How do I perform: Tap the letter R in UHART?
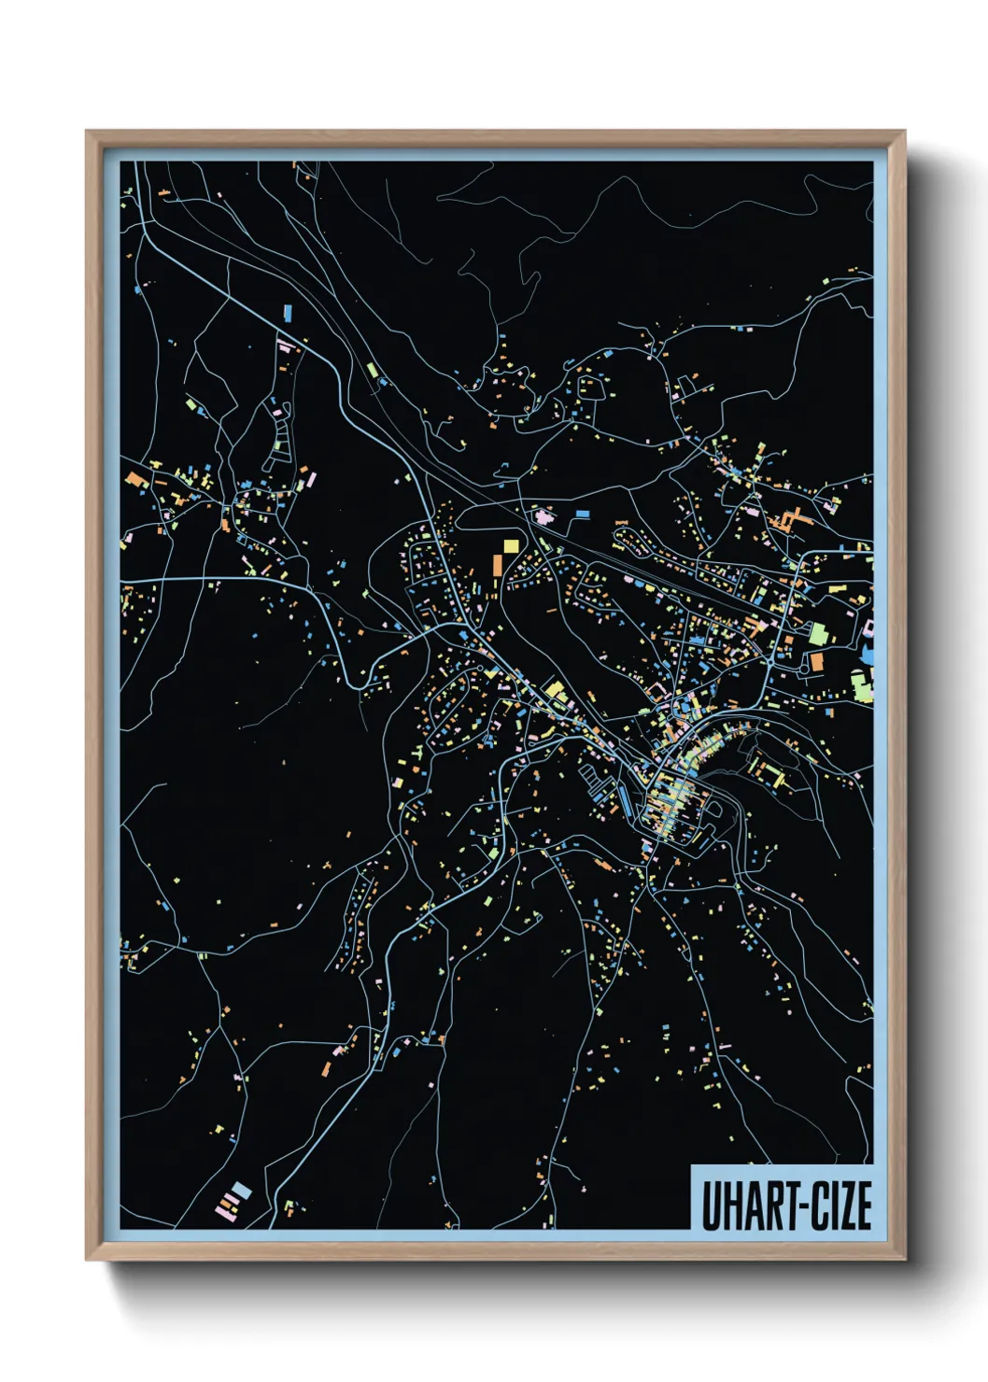[769, 1206]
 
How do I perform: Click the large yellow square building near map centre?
[511, 545]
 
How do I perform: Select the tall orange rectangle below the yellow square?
[498, 567]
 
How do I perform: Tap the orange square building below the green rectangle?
[817, 661]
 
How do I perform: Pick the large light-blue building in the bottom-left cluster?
[241, 1191]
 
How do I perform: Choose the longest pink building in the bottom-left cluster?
[225, 1210]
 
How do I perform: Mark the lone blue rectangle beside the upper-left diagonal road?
[288, 312]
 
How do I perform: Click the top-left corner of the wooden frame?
[87, 132]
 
